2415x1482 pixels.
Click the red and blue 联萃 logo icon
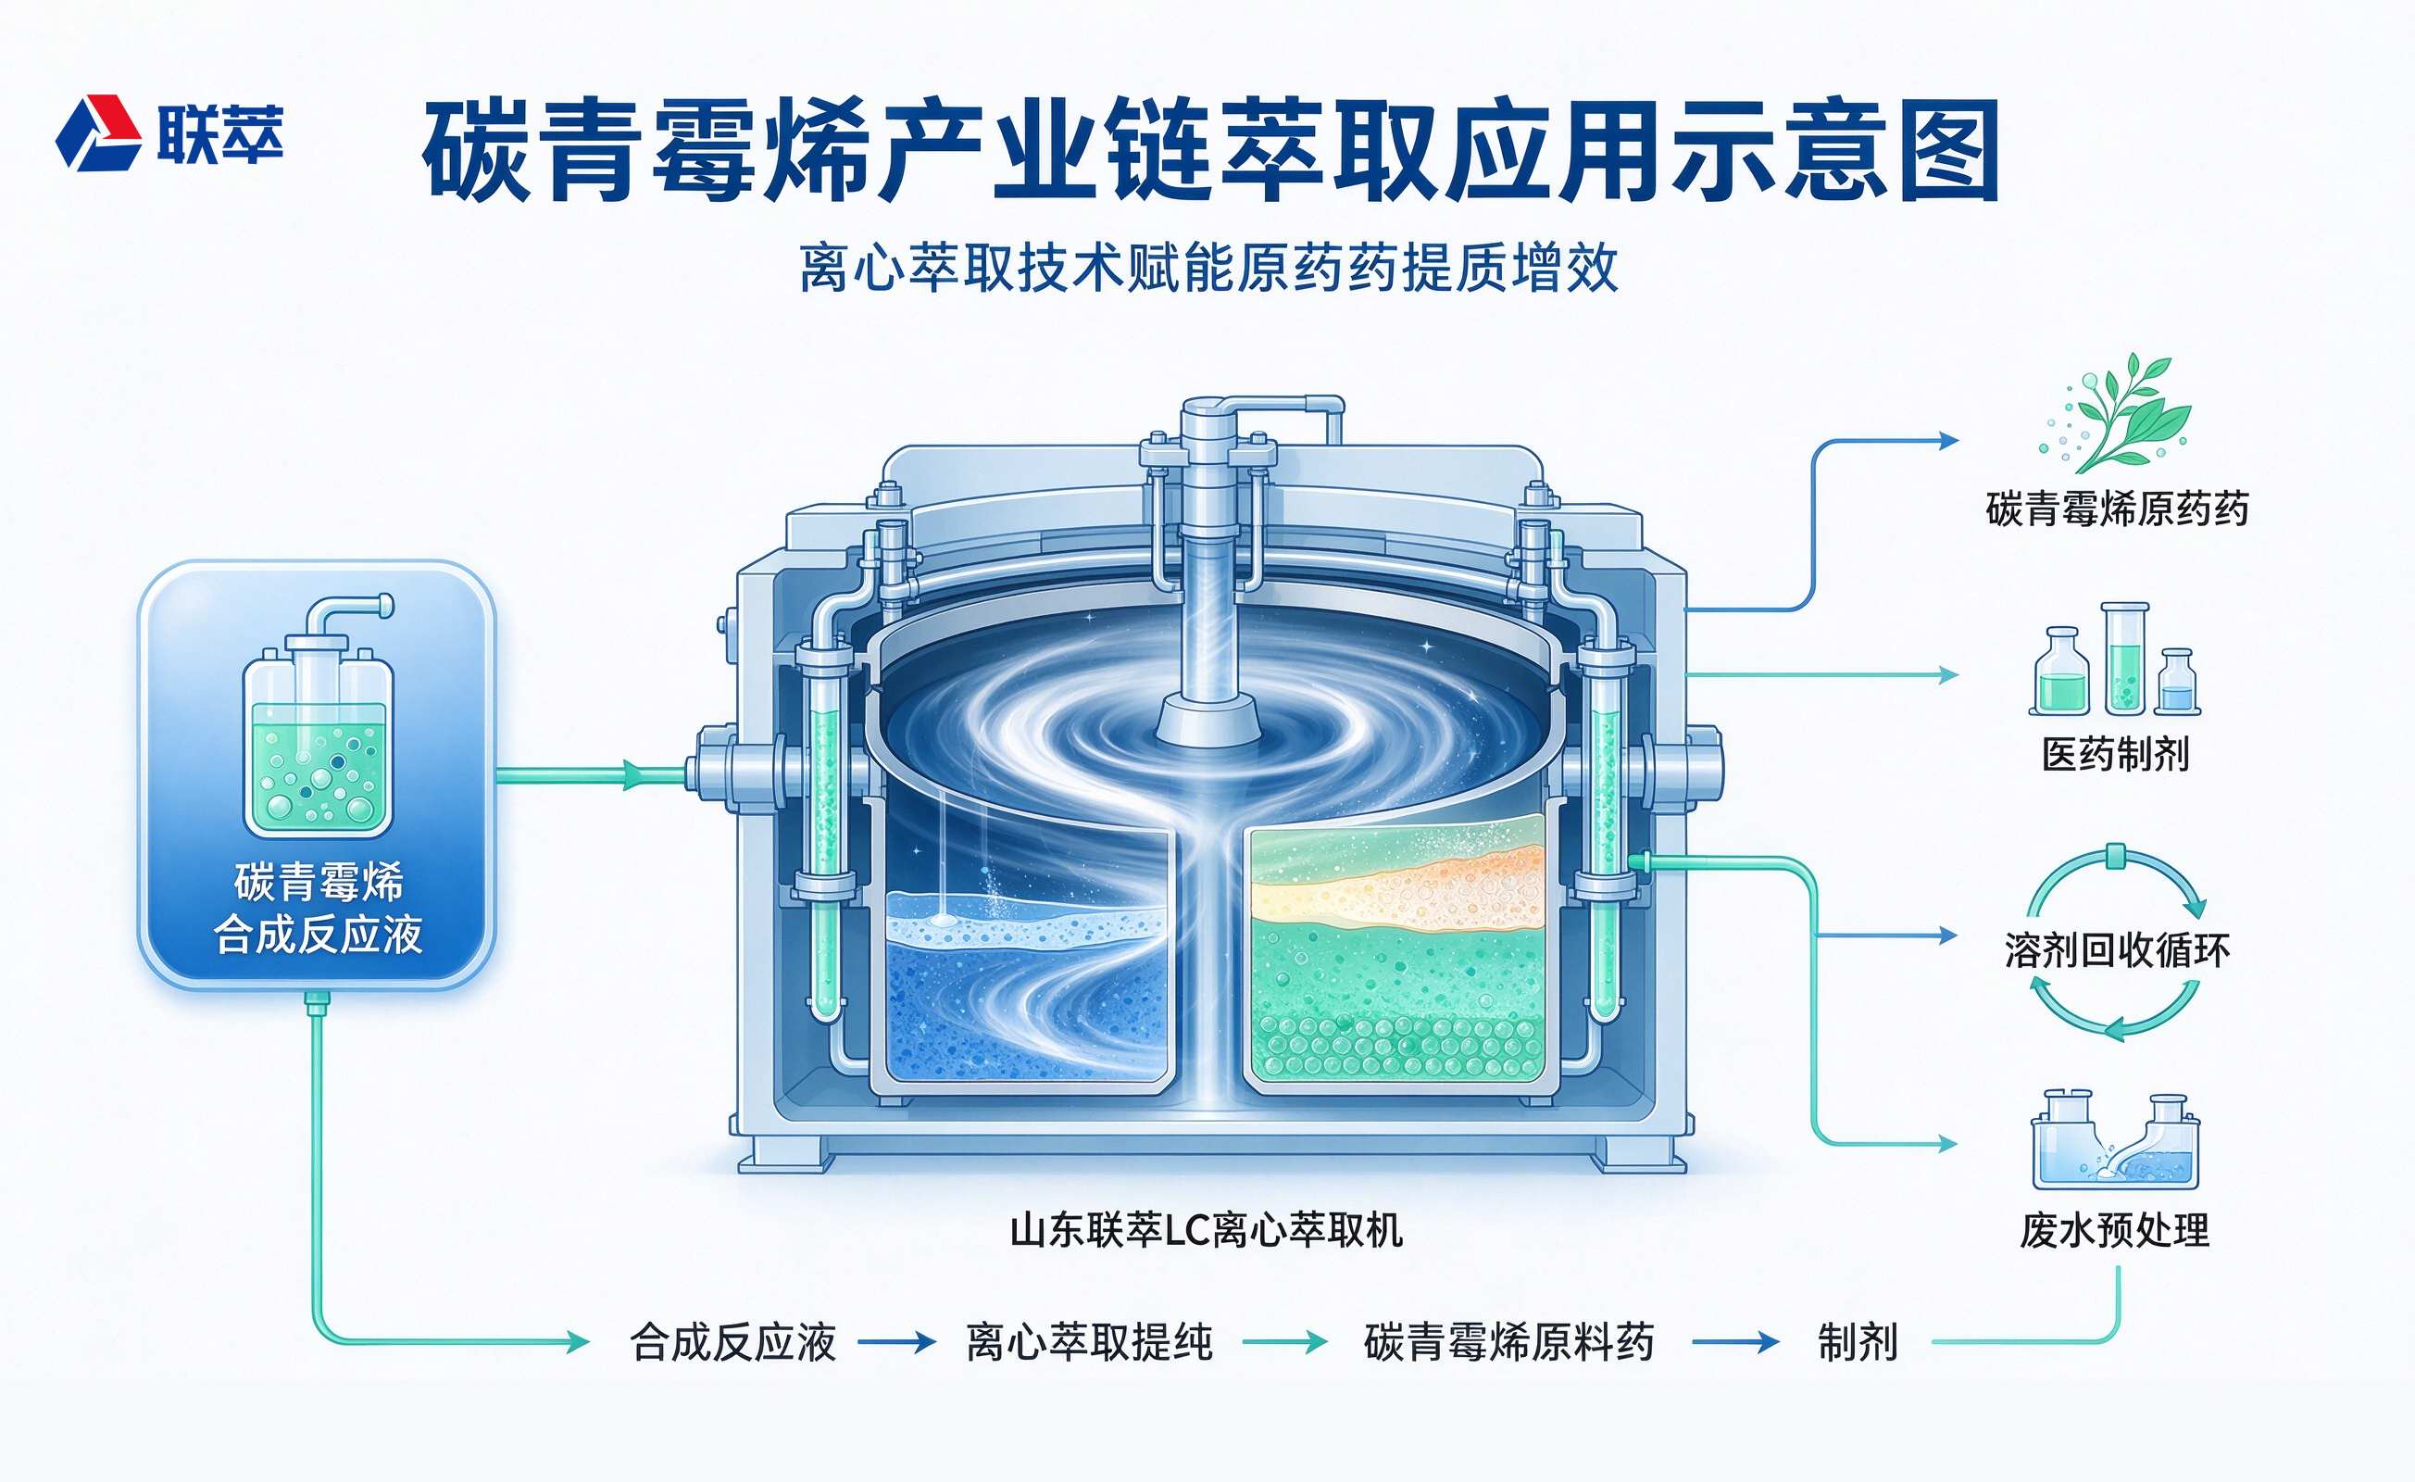[98, 132]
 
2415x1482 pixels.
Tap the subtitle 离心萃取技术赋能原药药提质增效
[1208, 268]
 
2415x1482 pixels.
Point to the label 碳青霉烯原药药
[2117, 509]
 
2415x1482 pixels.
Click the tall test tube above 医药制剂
[2125, 658]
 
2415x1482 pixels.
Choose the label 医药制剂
[2116, 754]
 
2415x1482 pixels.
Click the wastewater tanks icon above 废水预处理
[2115, 1139]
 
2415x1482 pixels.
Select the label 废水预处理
[2115, 1230]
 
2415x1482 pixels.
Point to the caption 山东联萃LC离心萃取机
[1207, 1229]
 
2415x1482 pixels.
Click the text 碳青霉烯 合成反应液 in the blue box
[319, 909]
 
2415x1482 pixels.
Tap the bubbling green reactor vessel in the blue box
[319, 718]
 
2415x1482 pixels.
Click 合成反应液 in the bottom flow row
[733, 1342]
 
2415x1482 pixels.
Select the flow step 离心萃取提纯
[1090, 1342]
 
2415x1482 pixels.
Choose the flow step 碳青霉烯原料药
[1508, 1342]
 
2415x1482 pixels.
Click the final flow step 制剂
[1858, 1342]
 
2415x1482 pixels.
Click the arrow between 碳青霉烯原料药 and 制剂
[1735, 1342]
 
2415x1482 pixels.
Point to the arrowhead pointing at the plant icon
[1949, 441]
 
